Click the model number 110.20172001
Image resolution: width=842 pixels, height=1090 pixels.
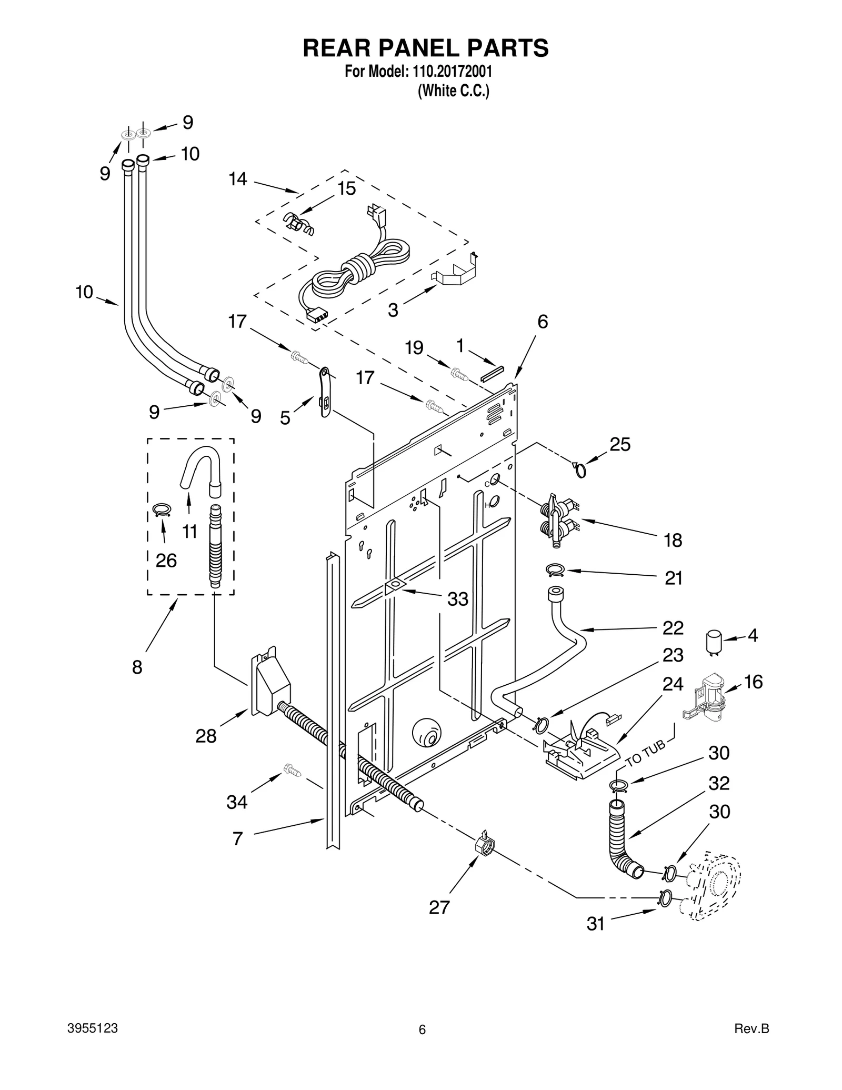tap(450, 72)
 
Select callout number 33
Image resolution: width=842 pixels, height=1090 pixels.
tap(457, 599)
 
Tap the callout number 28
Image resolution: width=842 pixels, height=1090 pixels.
tap(206, 736)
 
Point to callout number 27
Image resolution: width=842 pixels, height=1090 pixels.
tap(439, 907)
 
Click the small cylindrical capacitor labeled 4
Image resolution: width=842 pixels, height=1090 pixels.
tap(714, 642)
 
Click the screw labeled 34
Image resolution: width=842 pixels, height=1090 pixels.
tap(293, 770)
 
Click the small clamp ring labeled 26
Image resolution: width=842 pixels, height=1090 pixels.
tap(162, 509)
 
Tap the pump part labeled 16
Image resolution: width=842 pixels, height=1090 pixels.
tap(708, 697)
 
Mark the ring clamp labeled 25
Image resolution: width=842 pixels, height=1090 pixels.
tap(579, 469)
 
